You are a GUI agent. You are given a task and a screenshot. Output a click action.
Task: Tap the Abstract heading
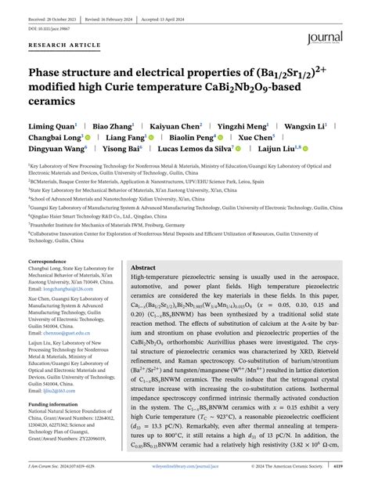click(x=145, y=268)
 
